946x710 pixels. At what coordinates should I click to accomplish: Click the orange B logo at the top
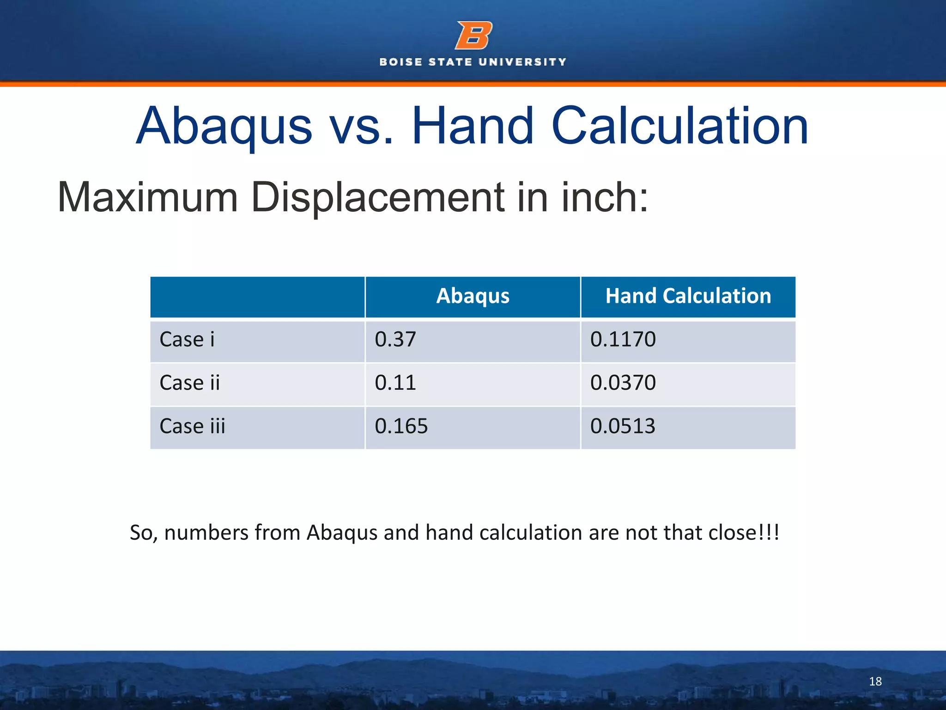[473, 35]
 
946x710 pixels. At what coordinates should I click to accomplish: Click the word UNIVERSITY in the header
[522, 62]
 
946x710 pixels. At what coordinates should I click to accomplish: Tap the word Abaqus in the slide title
[224, 126]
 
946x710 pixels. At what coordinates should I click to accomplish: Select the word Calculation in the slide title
[679, 126]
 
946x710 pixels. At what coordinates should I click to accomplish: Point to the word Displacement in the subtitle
[376, 198]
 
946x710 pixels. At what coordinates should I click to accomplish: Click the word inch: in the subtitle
[605, 198]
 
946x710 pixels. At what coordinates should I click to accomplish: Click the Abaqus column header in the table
[473, 296]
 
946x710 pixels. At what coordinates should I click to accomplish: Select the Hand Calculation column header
[688, 296]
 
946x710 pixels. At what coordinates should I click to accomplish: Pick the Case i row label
[187, 340]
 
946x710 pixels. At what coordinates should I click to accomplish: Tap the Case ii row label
[189, 383]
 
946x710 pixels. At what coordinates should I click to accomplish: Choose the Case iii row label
[192, 426]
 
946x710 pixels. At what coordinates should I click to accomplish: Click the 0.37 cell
[395, 340]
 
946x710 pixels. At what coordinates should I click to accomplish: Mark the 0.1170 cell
[623, 340]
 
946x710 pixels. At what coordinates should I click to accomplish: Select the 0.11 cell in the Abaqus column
[395, 383]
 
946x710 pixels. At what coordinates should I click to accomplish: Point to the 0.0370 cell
[623, 383]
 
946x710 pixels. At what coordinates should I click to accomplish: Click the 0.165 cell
[401, 426]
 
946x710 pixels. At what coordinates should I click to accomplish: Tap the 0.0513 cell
[623, 426]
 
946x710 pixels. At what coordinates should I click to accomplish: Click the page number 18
[875, 681]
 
